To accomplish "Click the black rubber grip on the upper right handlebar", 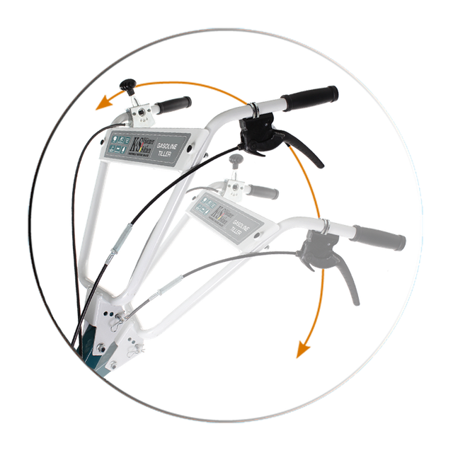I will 311,96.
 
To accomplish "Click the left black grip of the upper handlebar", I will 173,105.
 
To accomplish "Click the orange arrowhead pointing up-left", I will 104,105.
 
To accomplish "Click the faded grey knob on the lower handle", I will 236,161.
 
